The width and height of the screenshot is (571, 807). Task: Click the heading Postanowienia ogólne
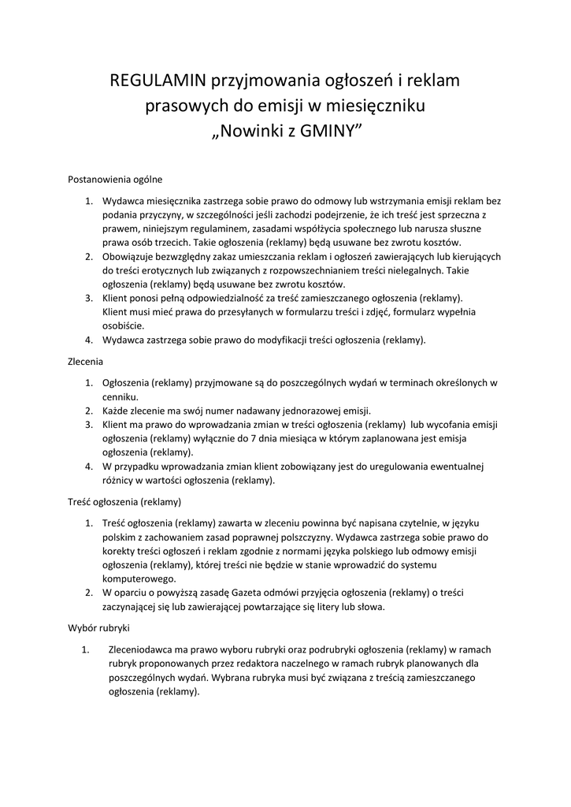115,179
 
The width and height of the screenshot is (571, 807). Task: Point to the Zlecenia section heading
86,363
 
